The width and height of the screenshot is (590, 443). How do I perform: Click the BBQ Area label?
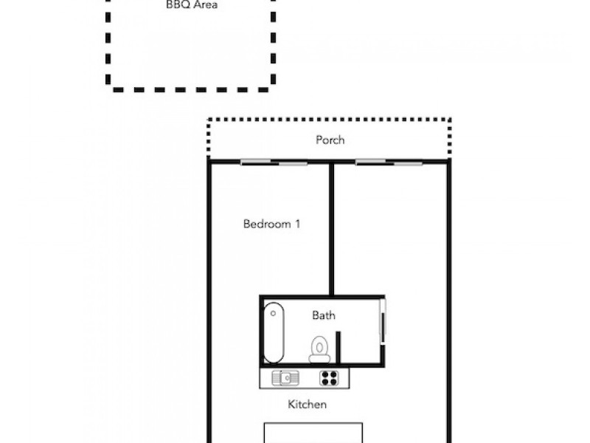click(192, 4)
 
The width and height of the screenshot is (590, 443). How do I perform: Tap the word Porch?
click(330, 140)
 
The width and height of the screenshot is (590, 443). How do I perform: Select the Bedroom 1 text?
click(271, 224)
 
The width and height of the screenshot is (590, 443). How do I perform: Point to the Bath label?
click(324, 315)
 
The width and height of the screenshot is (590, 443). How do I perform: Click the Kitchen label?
click(307, 405)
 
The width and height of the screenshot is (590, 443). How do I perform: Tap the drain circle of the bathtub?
click(274, 313)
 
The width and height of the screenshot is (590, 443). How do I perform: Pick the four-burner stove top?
click(328, 378)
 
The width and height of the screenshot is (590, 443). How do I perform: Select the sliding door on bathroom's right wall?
click(382, 321)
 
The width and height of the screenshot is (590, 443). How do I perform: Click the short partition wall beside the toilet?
click(338, 348)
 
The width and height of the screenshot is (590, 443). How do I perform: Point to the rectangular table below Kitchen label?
click(313, 433)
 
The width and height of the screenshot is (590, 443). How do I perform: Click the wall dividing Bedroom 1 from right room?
click(332, 229)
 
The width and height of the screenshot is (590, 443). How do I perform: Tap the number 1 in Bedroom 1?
click(297, 224)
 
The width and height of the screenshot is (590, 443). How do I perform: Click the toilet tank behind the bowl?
click(320, 358)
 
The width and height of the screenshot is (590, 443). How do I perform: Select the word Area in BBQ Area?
click(205, 4)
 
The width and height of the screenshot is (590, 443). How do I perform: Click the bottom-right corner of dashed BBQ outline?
click(271, 88)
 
